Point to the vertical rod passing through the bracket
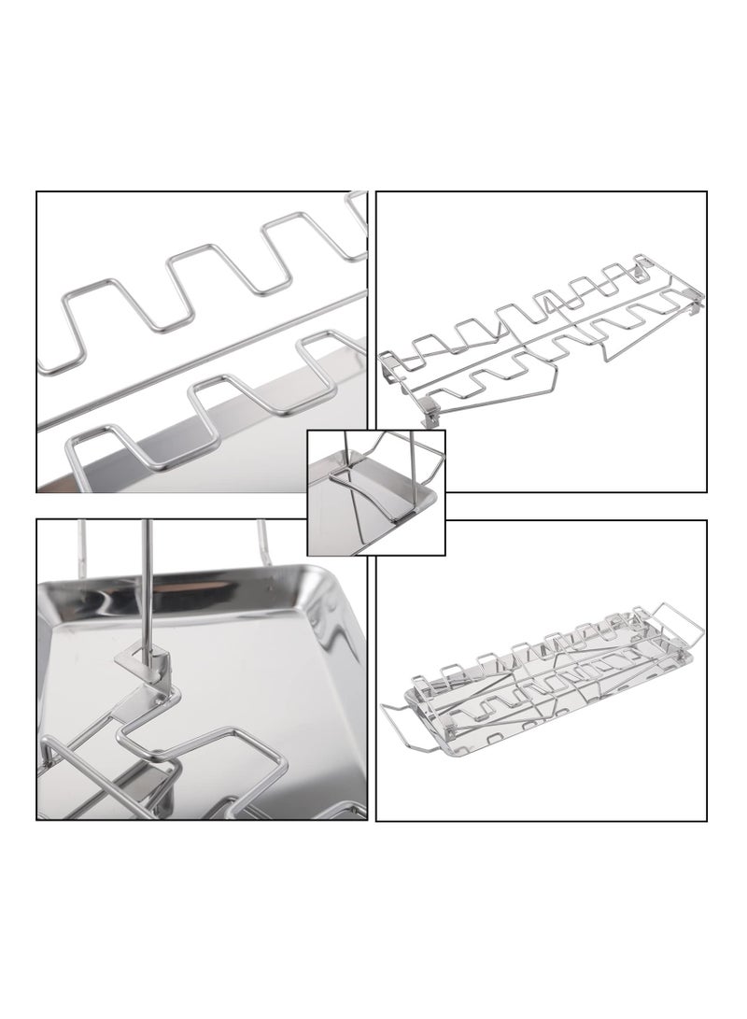pyautogui.click(x=146, y=579)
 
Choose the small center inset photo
pyautogui.click(x=376, y=492)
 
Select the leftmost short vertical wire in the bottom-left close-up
pyautogui.click(x=82, y=546)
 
